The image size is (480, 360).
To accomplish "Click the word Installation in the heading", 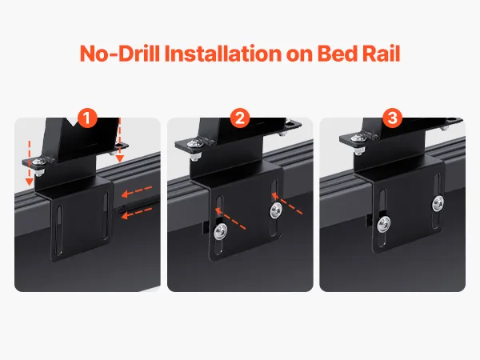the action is click(x=222, y=54).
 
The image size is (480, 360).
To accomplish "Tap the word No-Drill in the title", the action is click(x=120, y=54).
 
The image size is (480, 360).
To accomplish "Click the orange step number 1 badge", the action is click(x=87, y=118).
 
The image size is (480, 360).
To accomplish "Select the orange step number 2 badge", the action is click(x=240, y=118).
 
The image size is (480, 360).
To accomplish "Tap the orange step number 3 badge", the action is click(x=393, y=118).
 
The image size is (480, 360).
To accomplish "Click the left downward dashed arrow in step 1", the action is click(x=30, y=163).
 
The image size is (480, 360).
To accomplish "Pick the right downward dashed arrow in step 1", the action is click(x=120, y=140).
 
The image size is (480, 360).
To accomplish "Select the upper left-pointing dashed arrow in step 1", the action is click(x=137, y=190).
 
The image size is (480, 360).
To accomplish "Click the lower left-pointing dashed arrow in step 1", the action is click(x=137, y=213).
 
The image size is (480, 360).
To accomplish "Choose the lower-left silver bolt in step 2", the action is click(x=221, y=230).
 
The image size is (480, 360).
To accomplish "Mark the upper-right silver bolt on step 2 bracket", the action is click(x=276, y=210).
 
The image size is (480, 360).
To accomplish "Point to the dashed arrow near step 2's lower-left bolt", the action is click(x=230, y=218).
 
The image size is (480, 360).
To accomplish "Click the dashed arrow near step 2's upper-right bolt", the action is click(x=287, y=203).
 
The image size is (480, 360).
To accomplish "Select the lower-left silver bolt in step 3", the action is click(x=383, y=224).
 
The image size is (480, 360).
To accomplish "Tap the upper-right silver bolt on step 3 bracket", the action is click(x=438, y=203).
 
